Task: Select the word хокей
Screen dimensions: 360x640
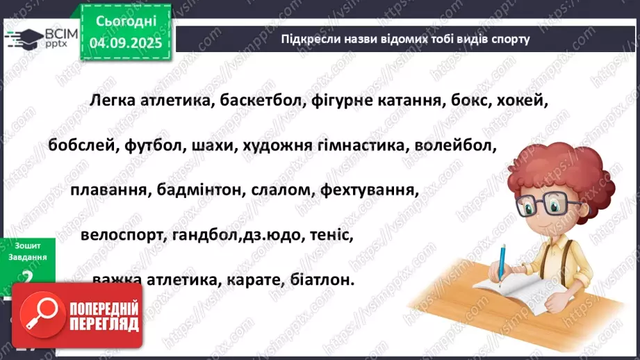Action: pyautogui.click(x=525, y=101)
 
